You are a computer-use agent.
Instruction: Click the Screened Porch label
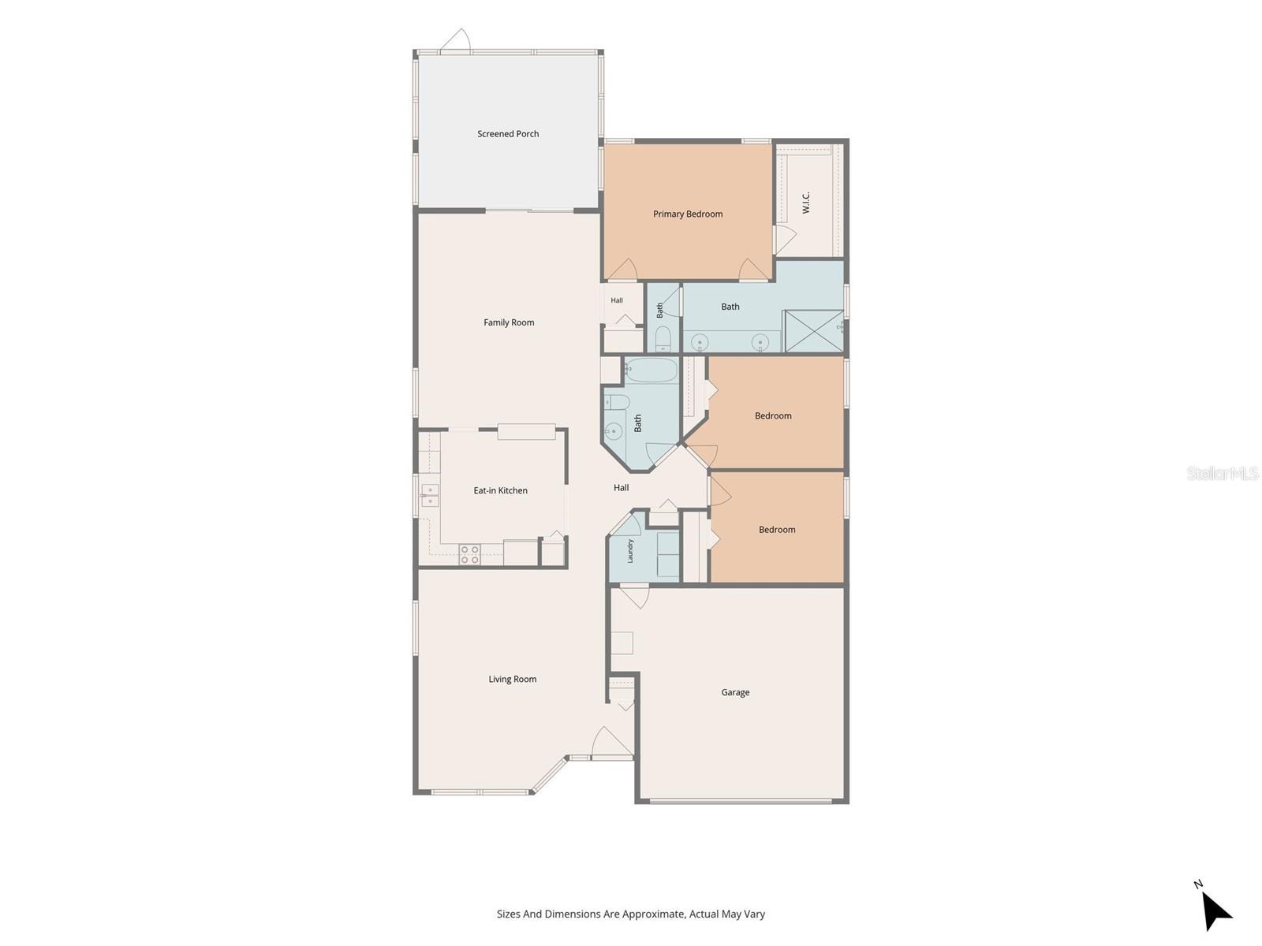508,134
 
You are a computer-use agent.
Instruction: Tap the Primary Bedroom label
688,214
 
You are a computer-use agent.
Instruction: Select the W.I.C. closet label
805,203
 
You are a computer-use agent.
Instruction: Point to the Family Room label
509,322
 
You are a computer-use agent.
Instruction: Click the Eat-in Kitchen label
500,490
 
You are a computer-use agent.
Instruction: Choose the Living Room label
512,680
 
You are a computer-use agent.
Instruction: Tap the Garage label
735,693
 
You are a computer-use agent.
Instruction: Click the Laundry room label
630,551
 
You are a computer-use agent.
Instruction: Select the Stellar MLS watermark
1223,473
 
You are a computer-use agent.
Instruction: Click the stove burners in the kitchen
469,554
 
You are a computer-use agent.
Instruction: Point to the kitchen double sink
430,495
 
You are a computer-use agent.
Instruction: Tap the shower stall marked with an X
813,330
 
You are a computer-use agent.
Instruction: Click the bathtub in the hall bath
652,370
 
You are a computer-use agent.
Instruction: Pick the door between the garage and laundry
634,596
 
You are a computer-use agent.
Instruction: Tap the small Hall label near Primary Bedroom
617,300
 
